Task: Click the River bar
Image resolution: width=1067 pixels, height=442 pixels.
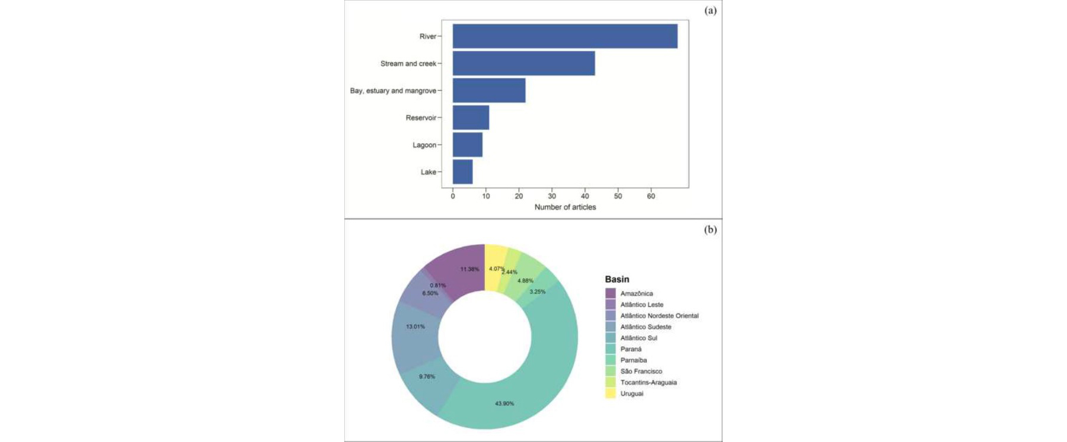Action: click(x=565, y=36)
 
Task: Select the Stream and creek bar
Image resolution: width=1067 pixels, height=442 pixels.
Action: click(x=524, y=63)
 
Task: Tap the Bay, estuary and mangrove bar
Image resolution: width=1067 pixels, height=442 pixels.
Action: click(x=489, y=91)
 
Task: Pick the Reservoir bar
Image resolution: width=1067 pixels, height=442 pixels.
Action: click(x=471, y=117)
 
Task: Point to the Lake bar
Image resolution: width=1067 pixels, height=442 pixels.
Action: click(x=463, y=172)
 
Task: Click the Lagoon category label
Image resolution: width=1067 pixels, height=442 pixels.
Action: click(x=424, y=145)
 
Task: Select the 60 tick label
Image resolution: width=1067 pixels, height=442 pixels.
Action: click(x=651, y=196)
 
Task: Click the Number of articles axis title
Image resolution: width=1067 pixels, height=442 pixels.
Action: click(x=566, y=207)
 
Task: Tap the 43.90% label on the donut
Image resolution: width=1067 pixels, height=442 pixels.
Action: click(x=504, y=403)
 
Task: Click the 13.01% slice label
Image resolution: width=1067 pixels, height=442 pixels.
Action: click(x=416, y=326)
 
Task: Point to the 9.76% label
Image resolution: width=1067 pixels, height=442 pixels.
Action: click(x=427, y=376)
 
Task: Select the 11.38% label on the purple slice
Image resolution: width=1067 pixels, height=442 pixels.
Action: click(x=470, y=269)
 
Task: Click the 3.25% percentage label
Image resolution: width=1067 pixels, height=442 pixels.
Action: click(x=538, y=292)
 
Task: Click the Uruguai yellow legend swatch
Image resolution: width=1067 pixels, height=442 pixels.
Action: click(x=611, y=393)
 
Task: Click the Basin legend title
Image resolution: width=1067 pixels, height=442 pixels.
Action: click(x=617, y=279)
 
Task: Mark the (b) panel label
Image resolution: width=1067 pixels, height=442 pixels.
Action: click(x=710, y=230)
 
